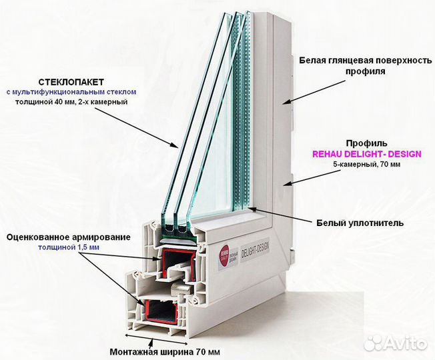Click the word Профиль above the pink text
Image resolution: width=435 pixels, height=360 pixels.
pos(364,143)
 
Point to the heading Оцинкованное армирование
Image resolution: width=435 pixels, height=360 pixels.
pos(69,236)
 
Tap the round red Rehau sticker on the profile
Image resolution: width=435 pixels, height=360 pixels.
pos(222,253)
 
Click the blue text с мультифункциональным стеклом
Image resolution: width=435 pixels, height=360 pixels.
pos(71,91)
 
